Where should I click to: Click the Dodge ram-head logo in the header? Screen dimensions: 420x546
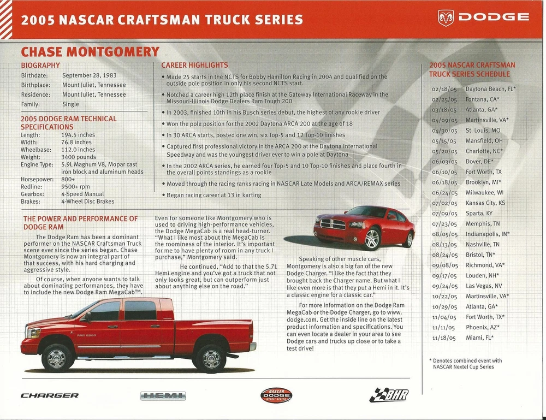coord(446,17)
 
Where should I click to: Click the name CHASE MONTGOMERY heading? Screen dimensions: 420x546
coord(90,52)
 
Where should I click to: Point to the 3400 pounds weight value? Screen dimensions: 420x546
coord(79,157)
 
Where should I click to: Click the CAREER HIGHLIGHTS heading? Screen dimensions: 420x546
coord(194,66)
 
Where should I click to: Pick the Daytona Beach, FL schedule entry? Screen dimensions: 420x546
coord(490,88)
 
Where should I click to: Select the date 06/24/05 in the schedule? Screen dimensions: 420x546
coord(444,192)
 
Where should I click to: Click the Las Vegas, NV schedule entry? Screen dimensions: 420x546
coord(483,286)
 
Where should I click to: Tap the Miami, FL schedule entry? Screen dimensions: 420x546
coord(479,338)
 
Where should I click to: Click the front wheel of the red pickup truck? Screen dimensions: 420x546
coord(57,357)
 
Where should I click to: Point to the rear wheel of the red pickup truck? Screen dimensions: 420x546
coord(210,358)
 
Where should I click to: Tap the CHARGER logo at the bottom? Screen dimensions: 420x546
coord(50,395)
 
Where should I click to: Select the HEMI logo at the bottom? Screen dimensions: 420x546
coord(163,396)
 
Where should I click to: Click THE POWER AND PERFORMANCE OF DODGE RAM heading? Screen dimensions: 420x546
coord(80,222)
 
